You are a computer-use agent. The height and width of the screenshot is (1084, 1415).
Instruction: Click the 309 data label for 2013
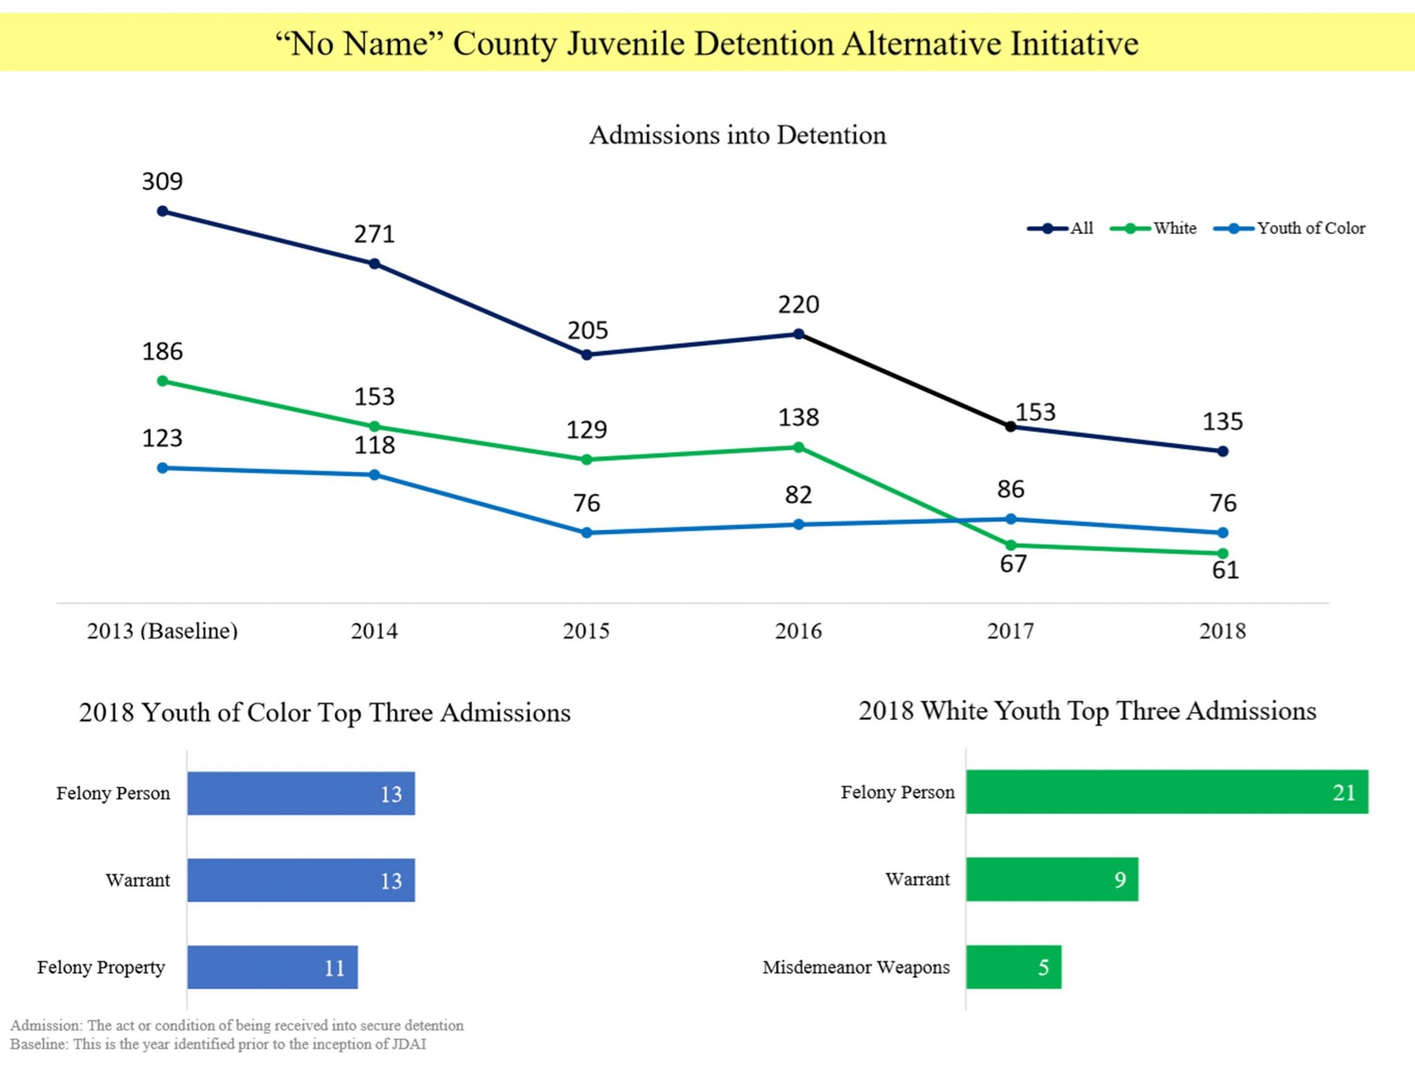click(x=162, y=182)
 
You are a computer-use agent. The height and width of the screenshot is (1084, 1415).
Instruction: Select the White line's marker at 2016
click(x=798, y=448)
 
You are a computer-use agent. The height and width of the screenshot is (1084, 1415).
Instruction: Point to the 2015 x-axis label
click(x=586, y=631)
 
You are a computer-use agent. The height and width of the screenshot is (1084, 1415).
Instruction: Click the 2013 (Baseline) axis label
click(x=162, y=631)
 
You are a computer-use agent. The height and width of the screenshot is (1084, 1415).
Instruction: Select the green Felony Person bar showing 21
click(x=1166, y=792)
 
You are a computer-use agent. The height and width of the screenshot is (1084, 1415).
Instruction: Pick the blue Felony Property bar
click(x=272, y=967)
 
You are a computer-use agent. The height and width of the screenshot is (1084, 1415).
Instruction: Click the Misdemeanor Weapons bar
click(x=1013, y=967)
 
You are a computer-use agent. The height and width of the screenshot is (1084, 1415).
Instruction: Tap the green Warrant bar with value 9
click(x=1052, y=879)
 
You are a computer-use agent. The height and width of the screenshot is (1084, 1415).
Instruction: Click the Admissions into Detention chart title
click(x=737, y=135)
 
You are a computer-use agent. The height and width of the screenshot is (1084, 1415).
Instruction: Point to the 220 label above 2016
click(x=798, y=305)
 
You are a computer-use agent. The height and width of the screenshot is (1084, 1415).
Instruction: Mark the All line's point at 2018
click(x=1222, y=451)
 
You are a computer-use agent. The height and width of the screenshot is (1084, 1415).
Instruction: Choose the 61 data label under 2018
click(x=1225, y=571)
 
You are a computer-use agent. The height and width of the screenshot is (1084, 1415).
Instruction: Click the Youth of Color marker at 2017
click(x=1010, y=519)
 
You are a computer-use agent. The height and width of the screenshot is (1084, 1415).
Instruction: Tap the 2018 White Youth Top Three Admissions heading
click(x=1087, y=711)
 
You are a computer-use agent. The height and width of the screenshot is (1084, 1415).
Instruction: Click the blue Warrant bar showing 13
click(x=301, y=880)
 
